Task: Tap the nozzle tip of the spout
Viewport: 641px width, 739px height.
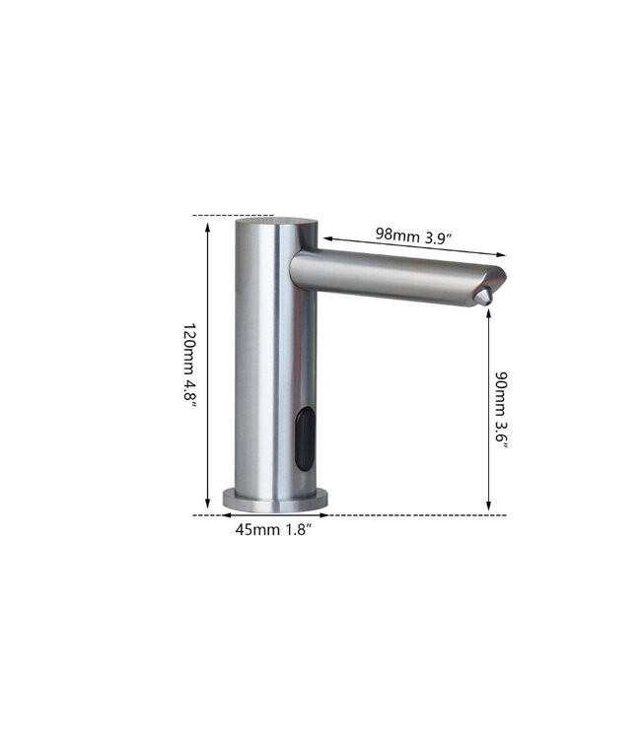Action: click(x=484, y=296)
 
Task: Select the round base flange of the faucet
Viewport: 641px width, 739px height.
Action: click(x=275, y=500)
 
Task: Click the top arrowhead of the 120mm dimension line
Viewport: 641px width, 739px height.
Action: click(x=207, y=225)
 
